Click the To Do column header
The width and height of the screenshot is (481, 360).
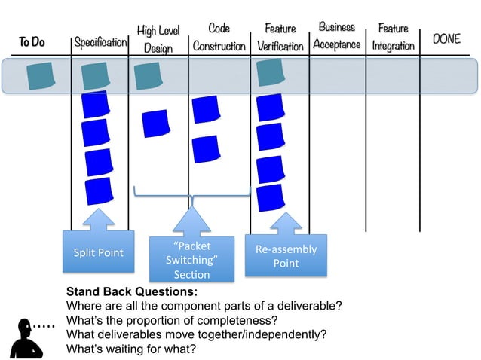(x=32, y=42)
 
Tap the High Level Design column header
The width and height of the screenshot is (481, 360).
(x=158, y=39)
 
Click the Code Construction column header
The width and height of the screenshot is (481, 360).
(x=219, y=38)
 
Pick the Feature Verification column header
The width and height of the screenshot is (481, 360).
(x=280, y=38)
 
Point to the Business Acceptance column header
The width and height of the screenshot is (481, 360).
(x=337, y=36)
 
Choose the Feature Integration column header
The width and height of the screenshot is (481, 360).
(x=393, y=37)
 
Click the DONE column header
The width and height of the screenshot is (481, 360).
(x=446, y=38)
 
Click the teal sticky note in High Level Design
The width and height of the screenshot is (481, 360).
(x=148, y=76)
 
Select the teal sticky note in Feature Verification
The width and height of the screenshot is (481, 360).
(x=269, y=72)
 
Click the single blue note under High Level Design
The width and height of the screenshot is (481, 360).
(x=156, y=123)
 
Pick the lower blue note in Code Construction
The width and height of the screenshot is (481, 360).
(x=205, y=148)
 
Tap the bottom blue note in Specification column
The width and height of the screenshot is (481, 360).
(x=100, y=191)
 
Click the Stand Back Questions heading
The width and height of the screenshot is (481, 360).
(x=132, y=291)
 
